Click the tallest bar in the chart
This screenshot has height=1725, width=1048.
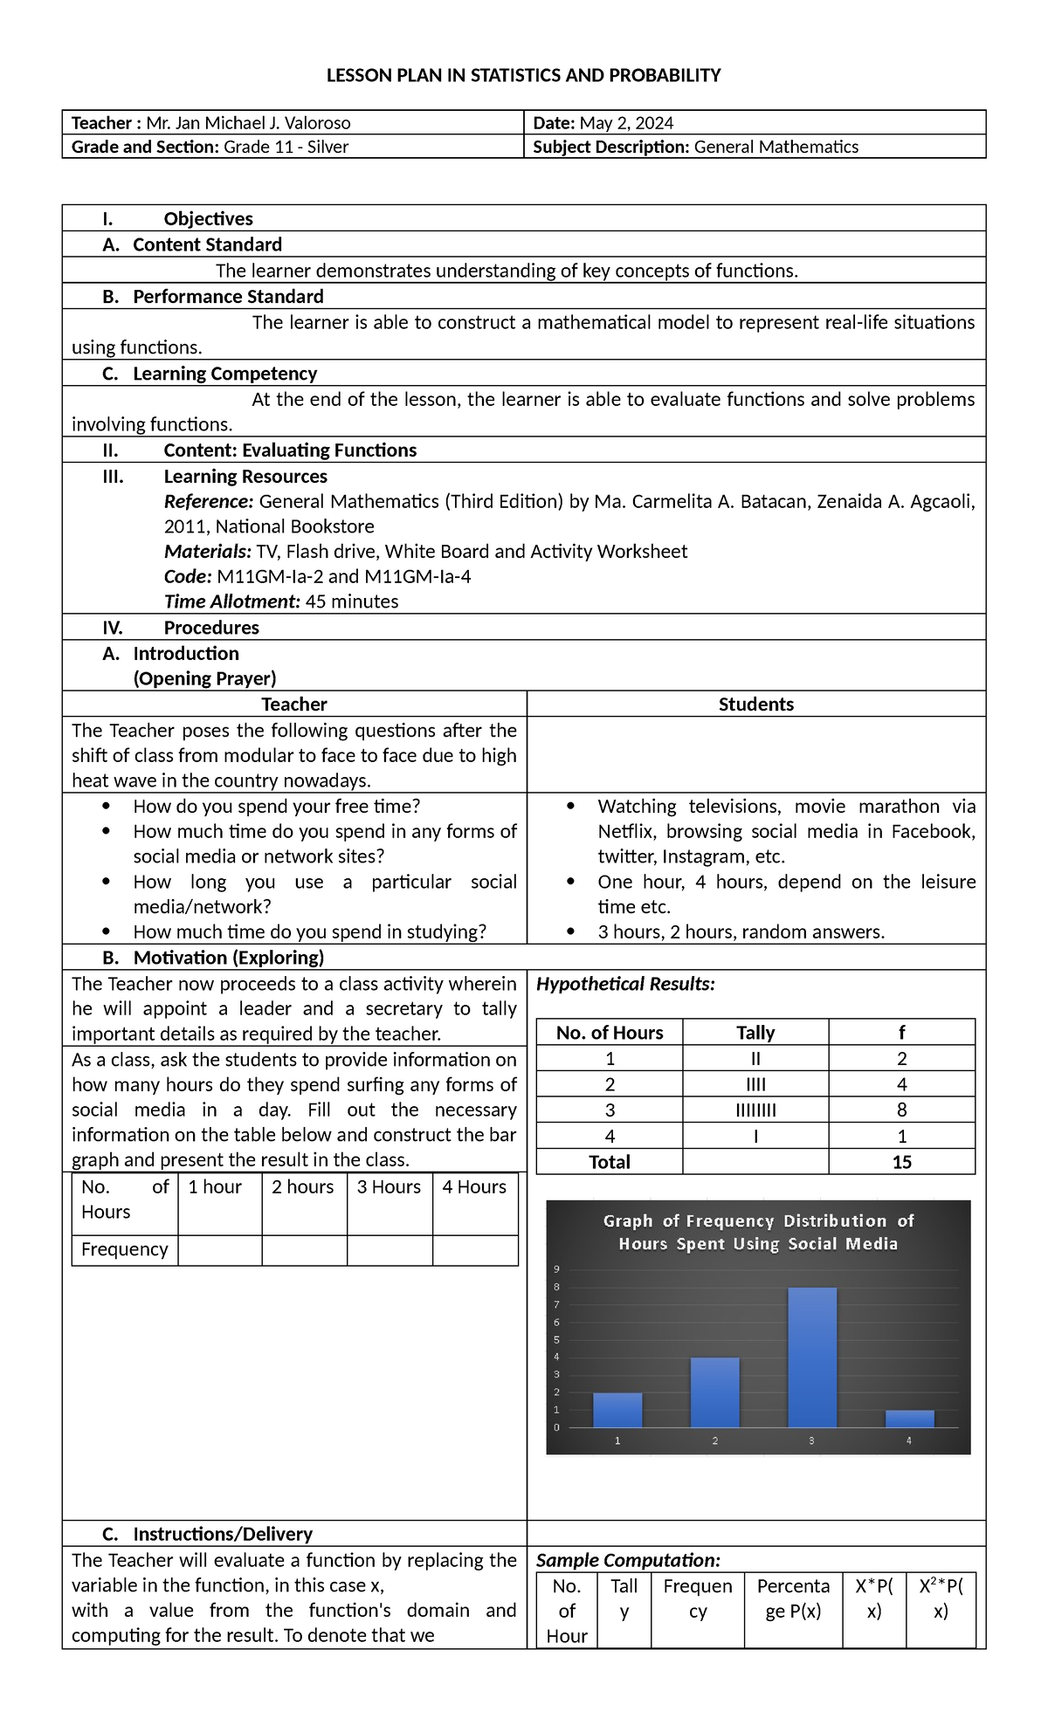pyautogui.click(x=811, y=1357)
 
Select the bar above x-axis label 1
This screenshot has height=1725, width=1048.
pyautogui.click(x=617, y=1410)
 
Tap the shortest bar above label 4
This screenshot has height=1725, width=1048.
pyautogui.click(x=909, y=1419)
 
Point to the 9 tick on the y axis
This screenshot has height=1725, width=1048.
pyautogui.click(x=556, y=1269)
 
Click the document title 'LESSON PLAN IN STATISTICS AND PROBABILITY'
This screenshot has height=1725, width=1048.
pyautogui.click(x=523, y=76)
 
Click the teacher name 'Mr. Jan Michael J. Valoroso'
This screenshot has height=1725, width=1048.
pyautogui.click(x=248, y=123)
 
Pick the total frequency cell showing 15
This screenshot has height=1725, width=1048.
pyautogui.click(x=901, y=1162)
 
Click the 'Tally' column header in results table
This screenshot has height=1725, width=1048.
pyautogui.click(x=755, y=1033)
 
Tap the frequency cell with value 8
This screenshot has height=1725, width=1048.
pyautogui.click(x=901, y=1110)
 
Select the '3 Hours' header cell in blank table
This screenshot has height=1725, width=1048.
pyautogui.click(x=389, y=1187)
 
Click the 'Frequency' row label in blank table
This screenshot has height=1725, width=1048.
pyautogui.click(x=124, y=1249)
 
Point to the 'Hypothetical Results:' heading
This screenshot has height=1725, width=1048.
pyautogui.click(x=625, y=984)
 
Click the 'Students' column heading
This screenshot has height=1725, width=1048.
pyautogui.click(x=755, y=704)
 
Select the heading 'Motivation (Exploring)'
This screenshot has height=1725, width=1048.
pyautogui.click(x=228, y=958)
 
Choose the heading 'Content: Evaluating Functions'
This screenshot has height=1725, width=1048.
pyautogui.click(x=290, y=450)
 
